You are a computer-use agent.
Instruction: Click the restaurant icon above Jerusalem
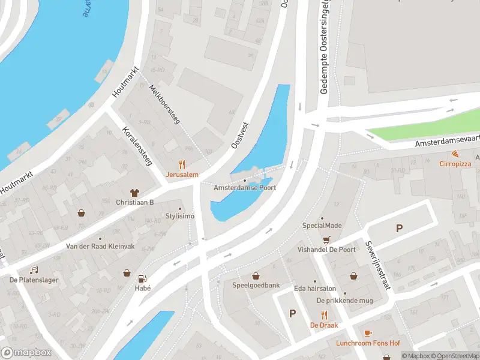(x=181, y=164)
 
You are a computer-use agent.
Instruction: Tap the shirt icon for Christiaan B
(x=134, y=192)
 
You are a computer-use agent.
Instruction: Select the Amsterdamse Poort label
(x=245, y=188)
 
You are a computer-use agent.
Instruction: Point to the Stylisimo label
(x=180, y=216)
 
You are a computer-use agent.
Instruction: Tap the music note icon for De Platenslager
(x=34, y=270)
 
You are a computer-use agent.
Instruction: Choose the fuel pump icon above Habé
(x=142, y=278)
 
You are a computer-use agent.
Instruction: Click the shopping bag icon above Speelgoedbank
(x=256, y=275)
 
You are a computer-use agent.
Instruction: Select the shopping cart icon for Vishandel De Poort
(x=326, y=239)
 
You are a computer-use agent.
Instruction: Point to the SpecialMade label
(x=322, y=226)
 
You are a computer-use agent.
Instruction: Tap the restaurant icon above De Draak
(x=324, y=314)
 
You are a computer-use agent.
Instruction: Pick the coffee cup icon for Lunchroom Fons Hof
(x=367, y=333)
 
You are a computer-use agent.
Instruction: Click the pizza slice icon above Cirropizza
(x=455, y=154)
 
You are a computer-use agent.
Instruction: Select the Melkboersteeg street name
(x=164, y=104)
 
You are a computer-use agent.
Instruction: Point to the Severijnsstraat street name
(x=377, y=266)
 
